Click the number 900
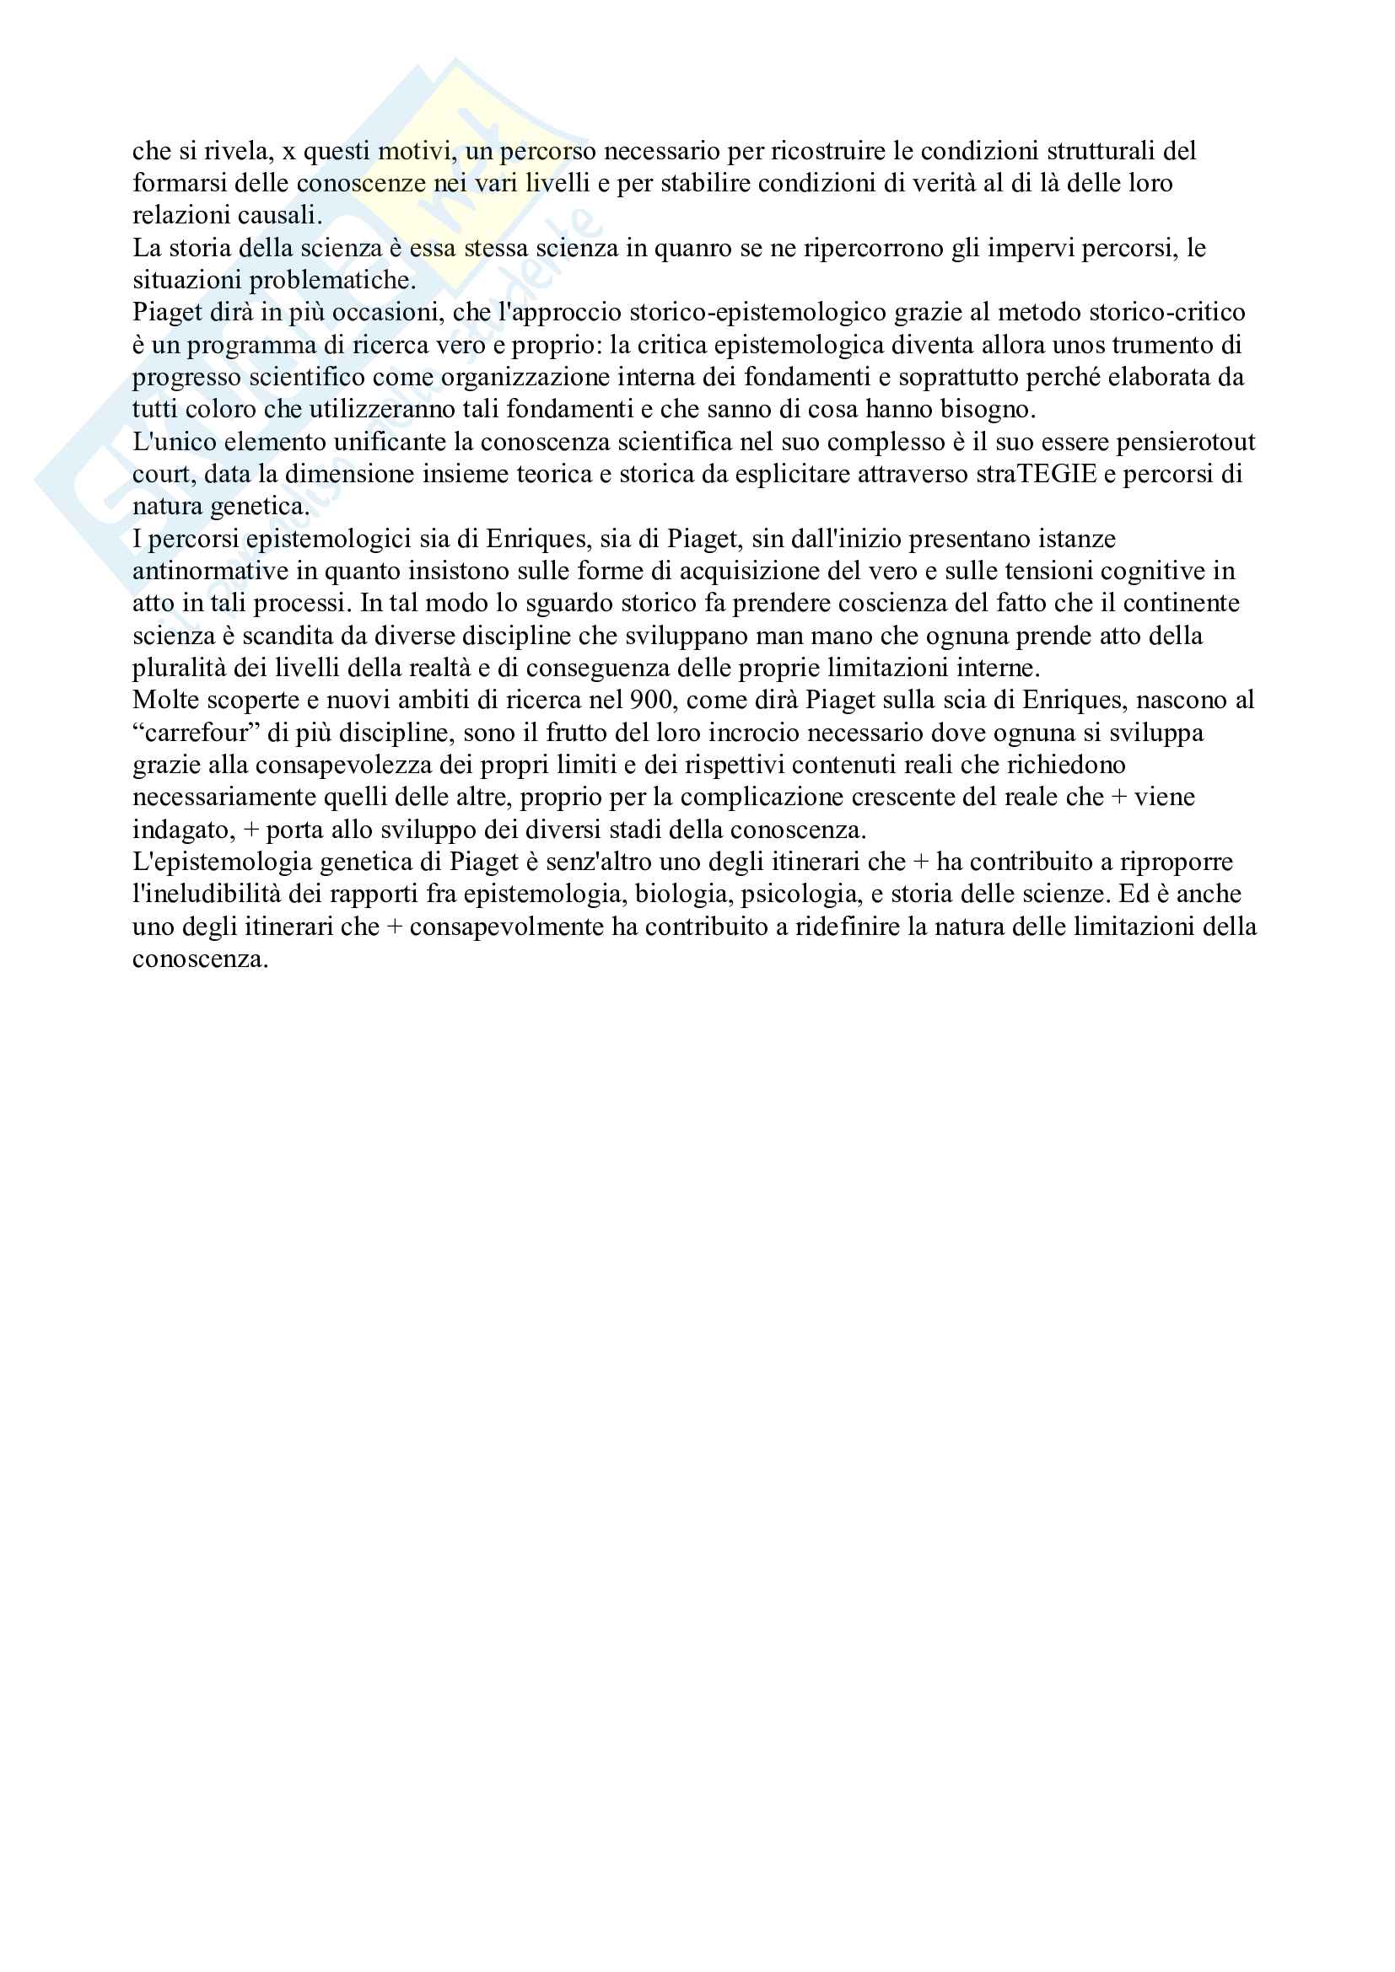[x=652, y=700]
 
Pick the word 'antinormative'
[x=210, y=571]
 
